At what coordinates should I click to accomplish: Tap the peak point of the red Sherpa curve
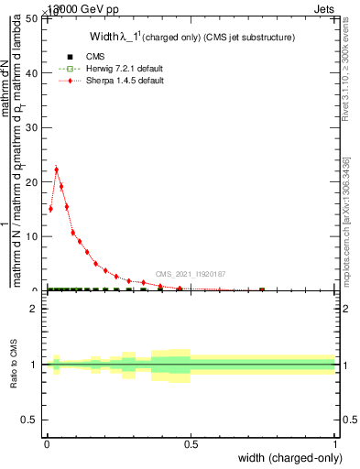[x=56, y=169]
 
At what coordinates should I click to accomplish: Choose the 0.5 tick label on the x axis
[x=191, y=444]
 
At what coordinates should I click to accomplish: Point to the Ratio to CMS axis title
[x=14, y=363]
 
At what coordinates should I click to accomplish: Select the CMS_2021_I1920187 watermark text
[x=190, y=274]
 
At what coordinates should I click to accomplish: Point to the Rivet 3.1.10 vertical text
[x=346, y=69]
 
